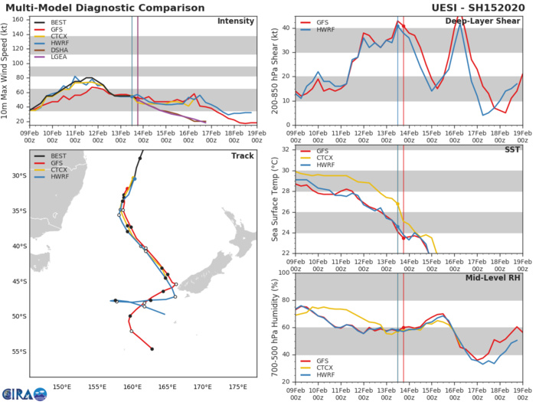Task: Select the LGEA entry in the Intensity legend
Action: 55,77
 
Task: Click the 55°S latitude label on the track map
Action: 18,351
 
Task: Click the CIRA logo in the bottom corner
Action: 24,393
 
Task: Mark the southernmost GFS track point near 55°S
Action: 152,349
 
